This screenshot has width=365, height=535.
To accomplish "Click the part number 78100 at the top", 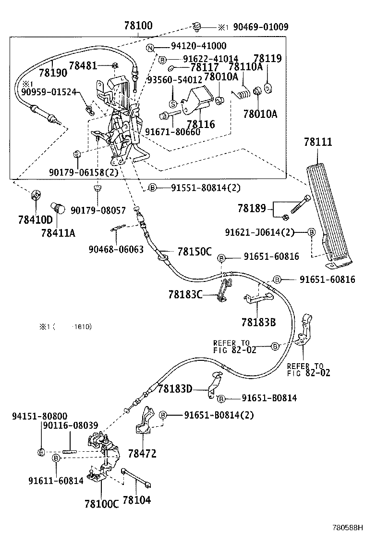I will coord(135,26).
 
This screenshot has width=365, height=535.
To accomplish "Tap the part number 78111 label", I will coord(318,142).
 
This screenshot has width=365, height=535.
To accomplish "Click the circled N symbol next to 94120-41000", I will coord(150,47).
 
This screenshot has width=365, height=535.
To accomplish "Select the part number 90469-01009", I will coord(261,27).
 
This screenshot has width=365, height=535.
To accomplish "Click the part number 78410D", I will coord(35,220).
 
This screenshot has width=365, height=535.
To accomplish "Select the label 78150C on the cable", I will coord(195,251).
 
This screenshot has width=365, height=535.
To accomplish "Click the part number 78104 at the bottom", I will coord(137,500).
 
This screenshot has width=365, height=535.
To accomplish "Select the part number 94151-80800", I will coord(39,416).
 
